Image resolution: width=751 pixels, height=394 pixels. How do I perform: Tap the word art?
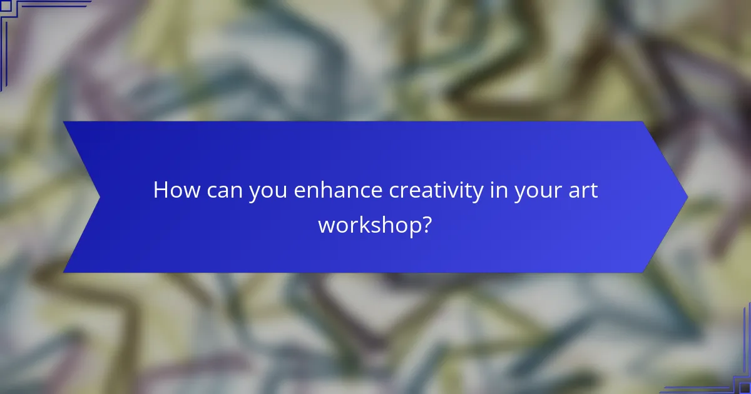pos(581,190)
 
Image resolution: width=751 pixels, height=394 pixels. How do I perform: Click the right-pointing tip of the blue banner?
pos(687,197)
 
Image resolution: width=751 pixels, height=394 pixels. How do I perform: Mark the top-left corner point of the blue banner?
pos(64,122)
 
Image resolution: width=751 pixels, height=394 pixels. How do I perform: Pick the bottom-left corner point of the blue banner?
pos(64,273)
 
